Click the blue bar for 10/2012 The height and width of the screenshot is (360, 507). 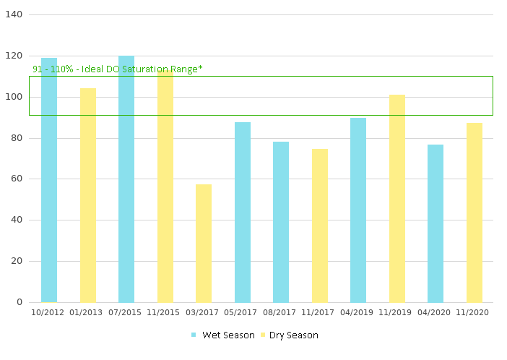tap(49, 180)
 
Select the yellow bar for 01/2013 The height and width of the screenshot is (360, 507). tap(88, 195)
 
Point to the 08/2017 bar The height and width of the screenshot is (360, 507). tap(281, 222)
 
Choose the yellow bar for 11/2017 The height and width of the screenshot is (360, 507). tap(320, 226)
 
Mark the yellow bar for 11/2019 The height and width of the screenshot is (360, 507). tap(397, 198)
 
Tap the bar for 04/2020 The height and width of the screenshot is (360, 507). tap(435, 223)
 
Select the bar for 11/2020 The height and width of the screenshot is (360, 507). tap(474, 213)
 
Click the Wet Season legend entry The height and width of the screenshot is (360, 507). tap(223, 335)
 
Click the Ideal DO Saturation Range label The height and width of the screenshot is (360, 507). tap(118, 69)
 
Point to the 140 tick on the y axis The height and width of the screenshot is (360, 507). tap(14, 14)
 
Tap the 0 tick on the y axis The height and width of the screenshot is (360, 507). tap(19, 302)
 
